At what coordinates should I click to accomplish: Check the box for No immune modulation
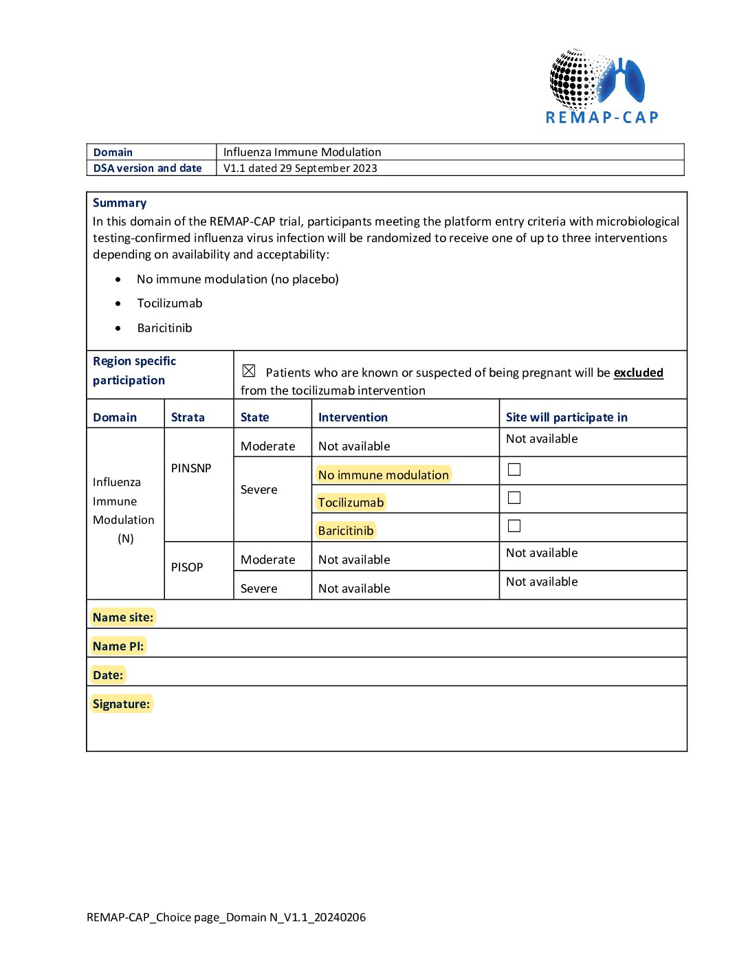click(x=514, y=470)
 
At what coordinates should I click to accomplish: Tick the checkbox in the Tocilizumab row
click(x=514, y=498)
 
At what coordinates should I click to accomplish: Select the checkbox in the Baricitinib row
click(x=514, y=526)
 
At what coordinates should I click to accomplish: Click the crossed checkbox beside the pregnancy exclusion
click(x=249, y=371)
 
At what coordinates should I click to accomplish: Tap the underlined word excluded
click(x=638, y=373)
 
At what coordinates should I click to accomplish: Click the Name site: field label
click(x=123, y=617)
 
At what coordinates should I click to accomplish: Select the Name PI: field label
click(x=118, y=646)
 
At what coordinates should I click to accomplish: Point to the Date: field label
click(x=108, y=675)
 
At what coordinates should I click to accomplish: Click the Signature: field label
click(x=121, y=704)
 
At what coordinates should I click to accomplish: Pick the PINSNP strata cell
click(x=191, y=468)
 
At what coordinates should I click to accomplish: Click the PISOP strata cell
click(x=187, y=567)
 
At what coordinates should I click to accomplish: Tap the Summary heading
click(x=120, y=203)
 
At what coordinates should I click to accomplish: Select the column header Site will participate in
click(x=566, y=417)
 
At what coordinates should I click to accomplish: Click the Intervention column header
click(x=353, y=417)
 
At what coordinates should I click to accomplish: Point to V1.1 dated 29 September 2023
click(x=300, y=168)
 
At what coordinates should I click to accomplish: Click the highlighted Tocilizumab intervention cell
click(x=351, y=503)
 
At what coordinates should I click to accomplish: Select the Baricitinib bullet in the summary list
click(x=164, y=328)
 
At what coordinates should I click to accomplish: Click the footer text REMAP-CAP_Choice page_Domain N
click(x=226, y=917)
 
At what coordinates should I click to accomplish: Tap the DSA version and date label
click(x=148, y=168)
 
